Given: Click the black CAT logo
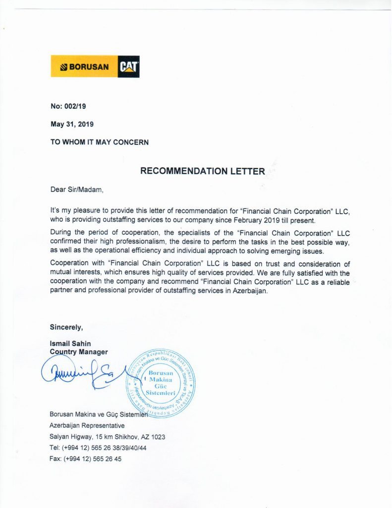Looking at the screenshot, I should (x=128, y=66).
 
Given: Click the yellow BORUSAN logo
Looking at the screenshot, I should (x=84, y=66).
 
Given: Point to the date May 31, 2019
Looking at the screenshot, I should (x=72, y=124).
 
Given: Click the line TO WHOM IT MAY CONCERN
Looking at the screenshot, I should (x=99, y=142).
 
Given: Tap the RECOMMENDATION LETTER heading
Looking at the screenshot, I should (x=203, y=171).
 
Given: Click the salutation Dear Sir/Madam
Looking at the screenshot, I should (x=77, y=189).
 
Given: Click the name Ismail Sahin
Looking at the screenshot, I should (x=70, y=343).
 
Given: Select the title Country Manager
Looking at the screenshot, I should (x=79, y=352).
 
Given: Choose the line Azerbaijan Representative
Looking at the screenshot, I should (x=87, y=425).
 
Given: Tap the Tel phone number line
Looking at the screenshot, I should (x=98, y=447).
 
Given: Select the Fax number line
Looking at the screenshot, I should (x=85, y=459).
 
